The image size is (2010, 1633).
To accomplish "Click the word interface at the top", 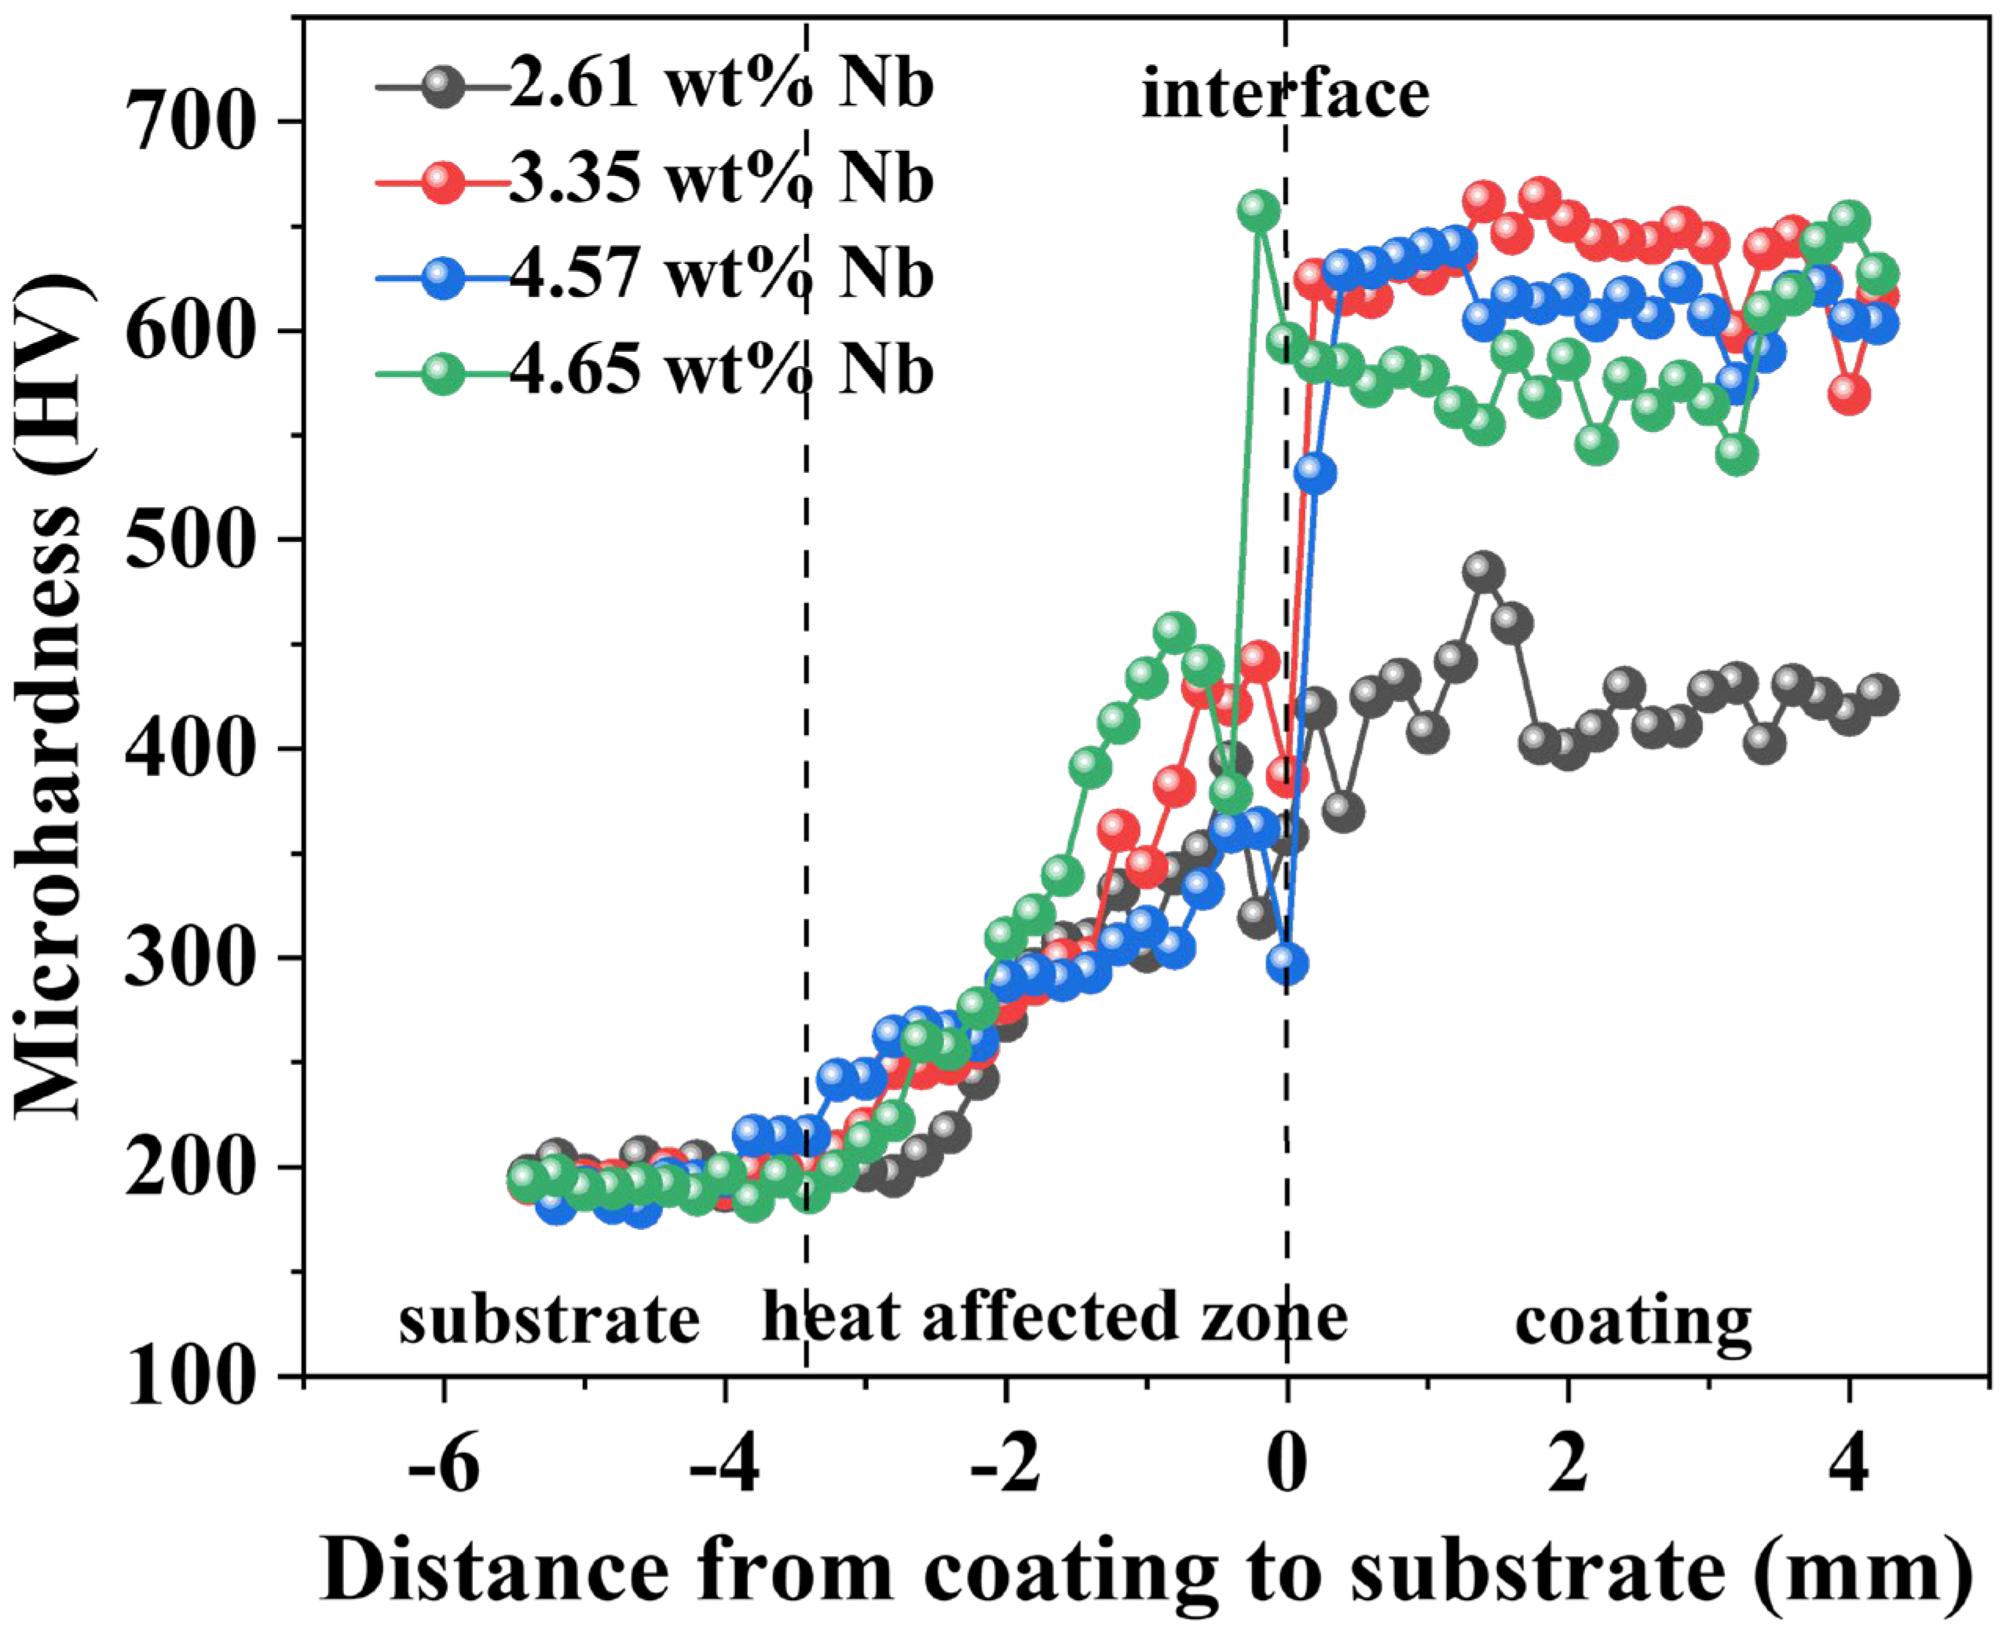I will [x=1285, y=94].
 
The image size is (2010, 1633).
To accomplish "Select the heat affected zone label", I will [x=1054, y=1317].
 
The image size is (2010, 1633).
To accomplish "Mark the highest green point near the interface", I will [x=1258, y=211].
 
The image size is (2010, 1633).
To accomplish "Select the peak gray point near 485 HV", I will [x=1483, y=572].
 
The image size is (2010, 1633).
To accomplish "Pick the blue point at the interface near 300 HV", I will [x=1287, y=963].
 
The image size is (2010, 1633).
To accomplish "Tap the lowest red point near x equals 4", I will [x=1849, y=394].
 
